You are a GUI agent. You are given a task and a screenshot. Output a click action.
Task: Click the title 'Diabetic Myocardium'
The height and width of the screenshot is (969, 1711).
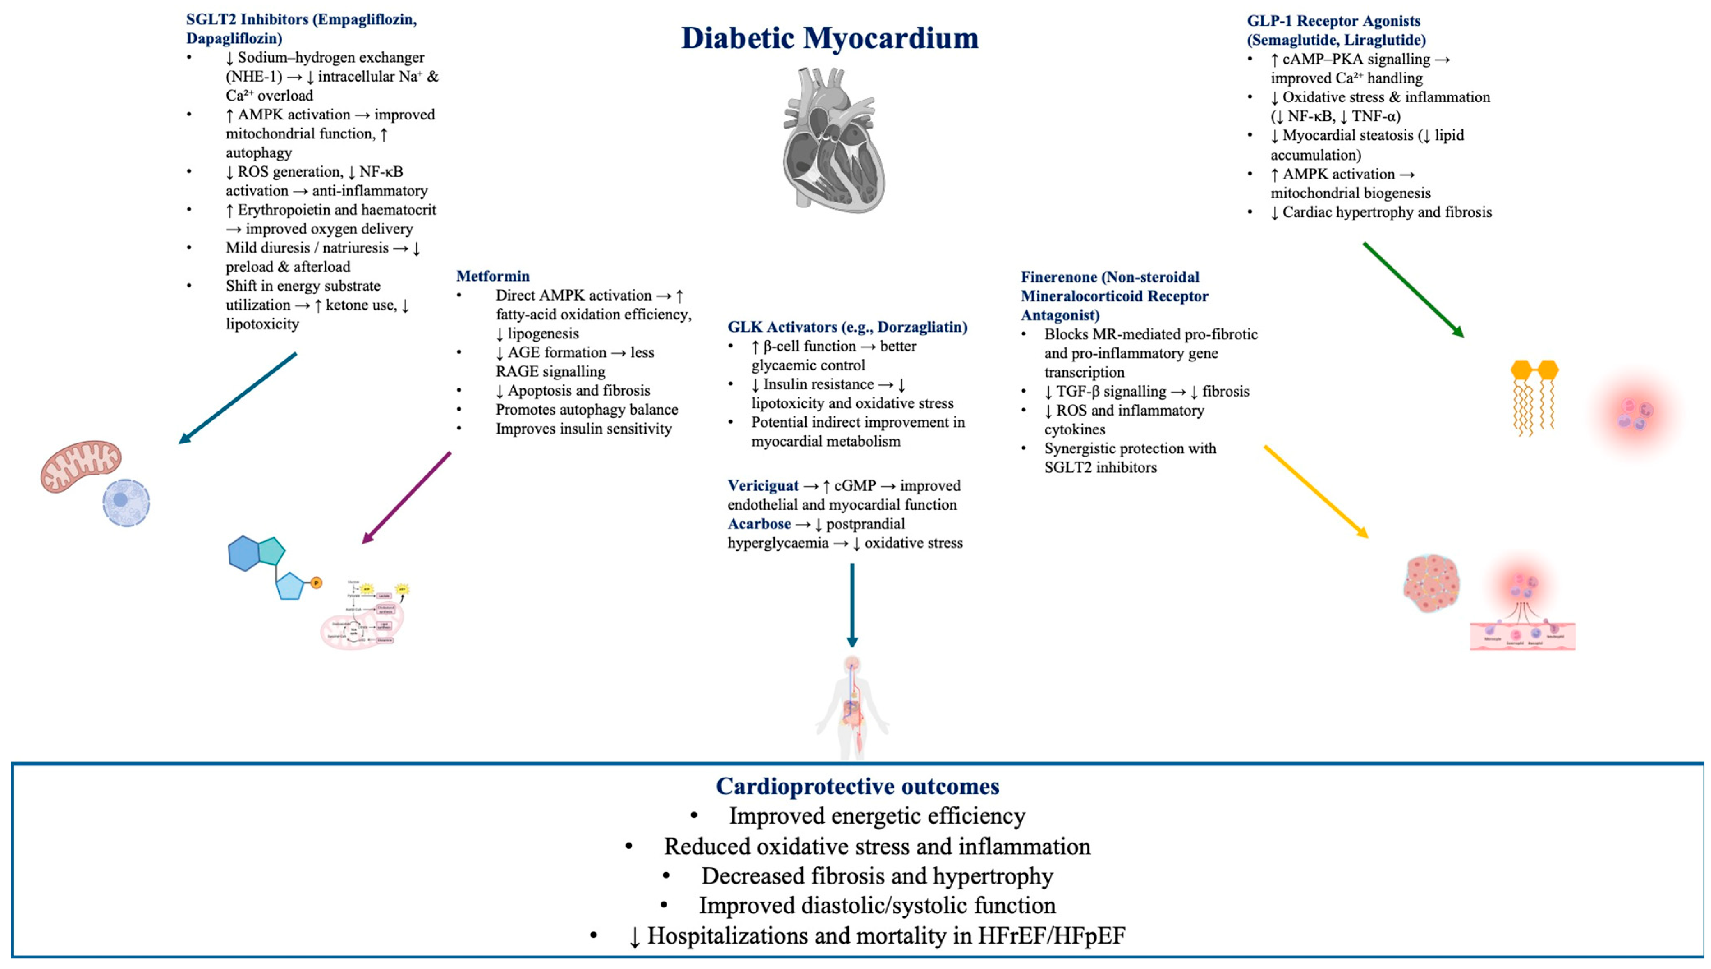[830, 38]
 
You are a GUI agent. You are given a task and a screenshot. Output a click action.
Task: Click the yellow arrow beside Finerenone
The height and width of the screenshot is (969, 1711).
[1316, 491]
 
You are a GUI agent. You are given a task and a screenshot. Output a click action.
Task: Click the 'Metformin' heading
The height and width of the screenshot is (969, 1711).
[493, 276]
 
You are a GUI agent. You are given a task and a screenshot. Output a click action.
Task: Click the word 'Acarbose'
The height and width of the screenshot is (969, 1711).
[759, 524]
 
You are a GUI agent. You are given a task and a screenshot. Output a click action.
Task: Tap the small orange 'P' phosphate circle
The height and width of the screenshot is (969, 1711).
[317, 583]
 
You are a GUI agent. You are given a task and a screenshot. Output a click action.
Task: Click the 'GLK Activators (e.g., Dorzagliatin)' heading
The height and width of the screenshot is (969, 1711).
[847, 327]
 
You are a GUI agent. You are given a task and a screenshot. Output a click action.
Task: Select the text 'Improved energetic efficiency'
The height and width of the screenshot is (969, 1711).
[877, 816]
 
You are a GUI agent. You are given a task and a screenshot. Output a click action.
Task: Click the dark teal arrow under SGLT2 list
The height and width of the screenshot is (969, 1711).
[238, 398]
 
